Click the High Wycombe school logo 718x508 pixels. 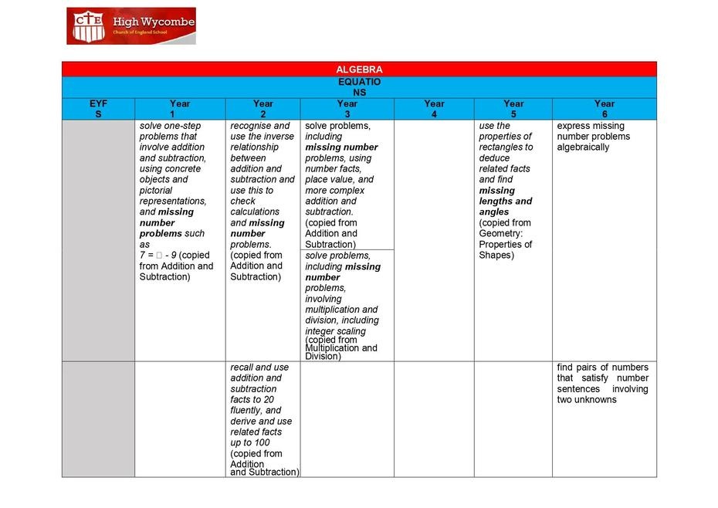pos(130,26)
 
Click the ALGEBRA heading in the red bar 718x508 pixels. pos(359,69)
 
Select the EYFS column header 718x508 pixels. pos(98,109)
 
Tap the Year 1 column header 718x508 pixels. pos(179,109)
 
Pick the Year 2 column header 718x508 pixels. pos(262,109)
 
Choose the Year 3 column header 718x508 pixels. pos(347,109)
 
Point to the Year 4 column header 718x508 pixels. pos(434,109)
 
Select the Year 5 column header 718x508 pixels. pos(513,109)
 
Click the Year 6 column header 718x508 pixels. pos(605,109)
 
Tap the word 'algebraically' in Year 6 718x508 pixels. pos(583,147)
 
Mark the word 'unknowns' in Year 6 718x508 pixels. pos(587,400)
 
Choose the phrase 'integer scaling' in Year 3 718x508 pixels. pos(335,331)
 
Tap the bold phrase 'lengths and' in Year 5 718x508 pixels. pos(506,202)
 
